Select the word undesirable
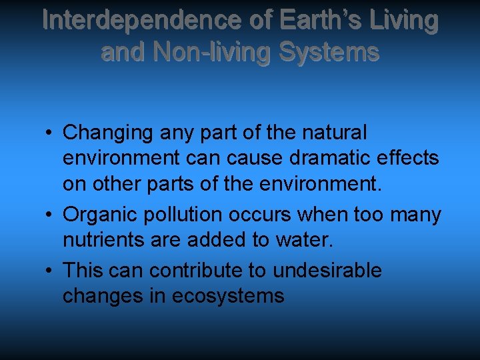point(326,271)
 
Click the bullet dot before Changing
point(51,133)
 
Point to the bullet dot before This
point(51,271)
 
